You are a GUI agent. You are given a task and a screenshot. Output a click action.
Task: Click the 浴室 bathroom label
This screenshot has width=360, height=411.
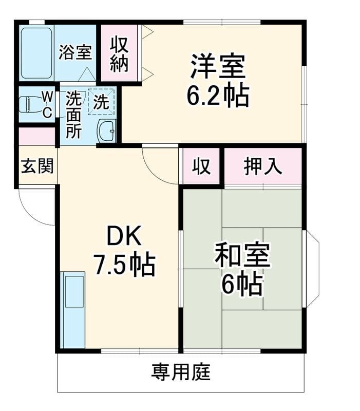pos(75,52)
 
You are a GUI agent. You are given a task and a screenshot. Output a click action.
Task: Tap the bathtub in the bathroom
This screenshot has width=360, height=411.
pos(36,53)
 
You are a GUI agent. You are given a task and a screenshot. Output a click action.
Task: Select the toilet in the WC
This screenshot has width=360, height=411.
pos(31,104)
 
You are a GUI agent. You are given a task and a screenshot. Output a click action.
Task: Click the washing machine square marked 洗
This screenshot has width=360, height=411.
pos(101,102)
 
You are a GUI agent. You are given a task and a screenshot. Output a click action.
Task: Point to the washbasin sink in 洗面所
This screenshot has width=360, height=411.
pos(107,131)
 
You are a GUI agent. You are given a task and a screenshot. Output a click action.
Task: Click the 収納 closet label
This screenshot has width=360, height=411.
pos(119,54)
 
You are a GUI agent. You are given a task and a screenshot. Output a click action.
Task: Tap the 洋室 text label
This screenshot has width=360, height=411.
pos(218,66)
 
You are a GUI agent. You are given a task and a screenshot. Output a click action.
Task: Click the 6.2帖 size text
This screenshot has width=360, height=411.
pos(217,95)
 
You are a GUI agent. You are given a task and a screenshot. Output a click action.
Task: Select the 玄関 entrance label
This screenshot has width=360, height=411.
pos(37,165)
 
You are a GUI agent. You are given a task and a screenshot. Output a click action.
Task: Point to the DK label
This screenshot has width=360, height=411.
pos(124,235)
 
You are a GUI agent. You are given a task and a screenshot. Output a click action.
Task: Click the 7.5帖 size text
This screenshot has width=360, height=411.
pos(125,265)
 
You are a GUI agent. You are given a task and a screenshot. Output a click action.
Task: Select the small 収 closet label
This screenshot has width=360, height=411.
pos(201,166)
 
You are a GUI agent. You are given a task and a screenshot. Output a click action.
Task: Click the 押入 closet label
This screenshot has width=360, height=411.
pos(263,166)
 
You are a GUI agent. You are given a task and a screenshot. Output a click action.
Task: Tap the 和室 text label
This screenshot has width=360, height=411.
pos(242,255)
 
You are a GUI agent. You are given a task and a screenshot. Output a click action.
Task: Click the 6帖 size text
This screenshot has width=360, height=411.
pos(242,284)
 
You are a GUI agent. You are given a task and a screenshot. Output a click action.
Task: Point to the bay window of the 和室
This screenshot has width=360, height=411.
pos(311,268)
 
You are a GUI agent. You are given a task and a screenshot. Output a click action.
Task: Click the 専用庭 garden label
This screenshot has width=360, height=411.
pos(181,371)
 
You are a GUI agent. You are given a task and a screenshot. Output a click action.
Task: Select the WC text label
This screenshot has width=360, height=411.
pos(47,105)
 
